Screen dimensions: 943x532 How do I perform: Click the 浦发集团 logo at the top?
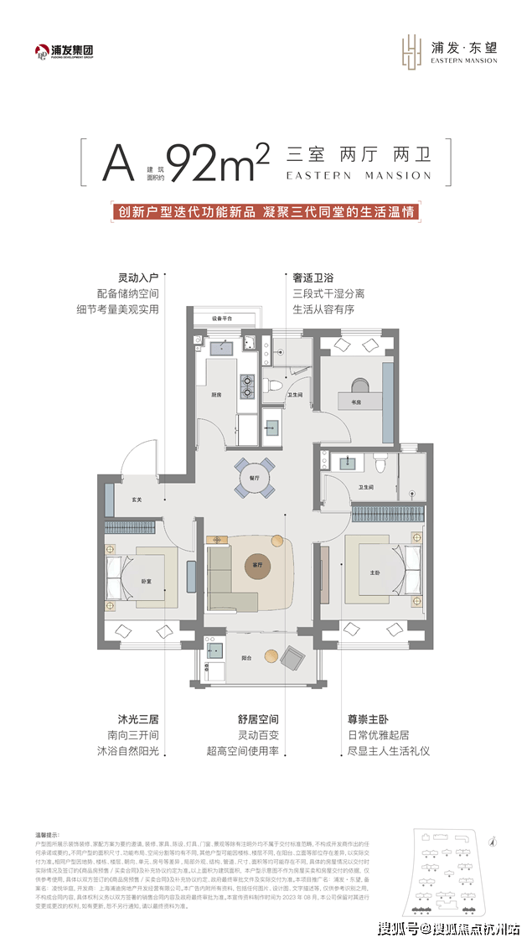pyautogui.click(x=64, y=51)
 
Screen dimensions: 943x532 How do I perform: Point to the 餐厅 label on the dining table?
pyautogui.click(x=254, y=477)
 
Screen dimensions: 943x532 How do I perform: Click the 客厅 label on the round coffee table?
pyautogui.click(x=258, y=566)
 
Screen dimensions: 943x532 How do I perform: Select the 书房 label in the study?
pyautogui.click(x=356, y=402)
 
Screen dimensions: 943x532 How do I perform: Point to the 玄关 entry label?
pyautogui.click(x=137, y=500)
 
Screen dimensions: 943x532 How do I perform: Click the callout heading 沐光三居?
pyautogui.click(x=138, y=718)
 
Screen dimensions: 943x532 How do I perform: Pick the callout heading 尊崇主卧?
pyautogui.click(x=368, y=718)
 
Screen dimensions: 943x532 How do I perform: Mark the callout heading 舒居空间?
pyautogui.click(x=258, y=718)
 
